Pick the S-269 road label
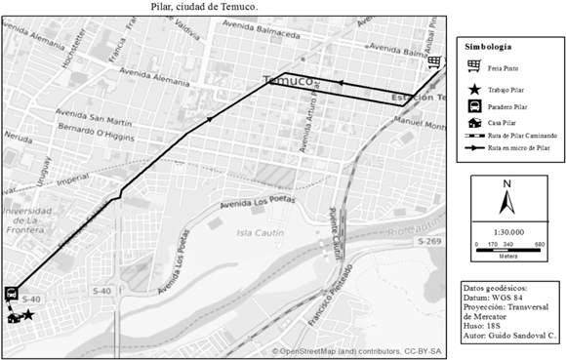432,241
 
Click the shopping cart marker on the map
433,63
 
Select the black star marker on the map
29,315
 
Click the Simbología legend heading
488,46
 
